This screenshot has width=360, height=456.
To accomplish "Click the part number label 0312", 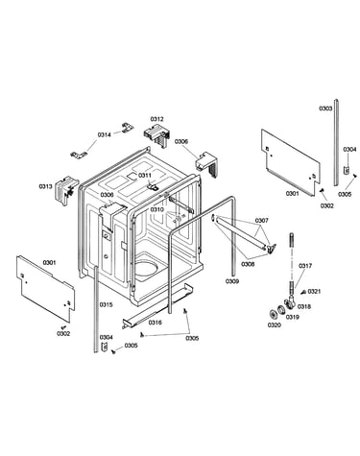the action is pyautogui.click(x=156, y=119).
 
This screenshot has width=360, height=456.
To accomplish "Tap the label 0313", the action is pyautogui.click(x=45, y=186).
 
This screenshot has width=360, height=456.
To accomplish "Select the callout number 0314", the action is pyautogui.click(x=105, y=134).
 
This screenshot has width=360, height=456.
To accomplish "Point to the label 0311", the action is pyautogui.click(x=145, y=176).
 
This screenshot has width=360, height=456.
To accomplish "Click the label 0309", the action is pyautogui.click(x=232, y=281).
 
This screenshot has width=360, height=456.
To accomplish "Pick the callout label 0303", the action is pyautogui.click(x=325, y=108).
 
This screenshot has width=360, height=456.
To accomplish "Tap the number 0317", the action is pyautogui.click(x=305, y=266).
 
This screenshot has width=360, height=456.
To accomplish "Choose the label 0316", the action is pyautogui.click(x=156, y=323).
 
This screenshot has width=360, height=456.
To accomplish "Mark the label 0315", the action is pyautogui.click(x=106, y=304).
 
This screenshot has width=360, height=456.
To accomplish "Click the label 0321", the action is pyautogui.click(x=314, y=291).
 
